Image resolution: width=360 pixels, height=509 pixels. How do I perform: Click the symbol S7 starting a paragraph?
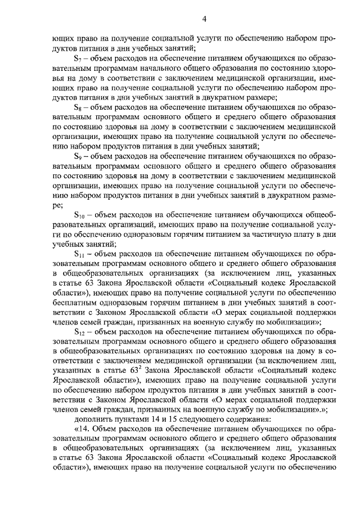click(x=78, y=58)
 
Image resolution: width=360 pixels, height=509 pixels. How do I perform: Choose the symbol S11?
click(x=79, y=254)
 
